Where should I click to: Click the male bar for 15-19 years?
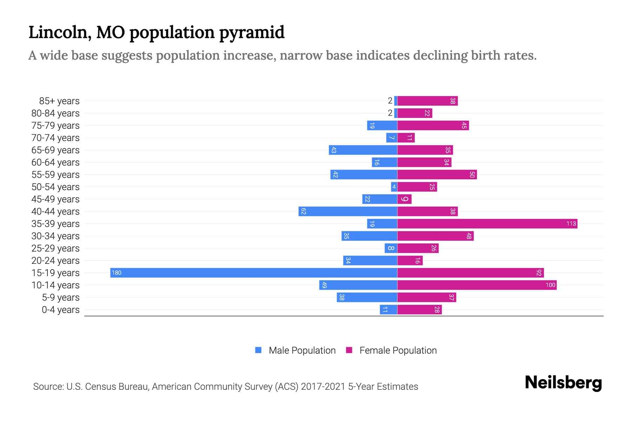coord(254,273)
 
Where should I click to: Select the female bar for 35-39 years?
coord(487,224)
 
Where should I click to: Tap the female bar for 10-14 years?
coord(477,285)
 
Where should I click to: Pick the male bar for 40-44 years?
coord(348,212)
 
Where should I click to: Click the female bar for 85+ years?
coord(427,101)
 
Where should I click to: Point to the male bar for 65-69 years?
coord(363,150)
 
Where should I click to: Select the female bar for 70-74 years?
coord(406,138)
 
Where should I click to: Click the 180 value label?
coord(117,273)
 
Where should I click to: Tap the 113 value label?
coord(571,224)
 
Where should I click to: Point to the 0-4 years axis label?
coord(60,310)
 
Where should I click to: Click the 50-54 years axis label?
coord(55,187)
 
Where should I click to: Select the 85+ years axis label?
coord(59,101)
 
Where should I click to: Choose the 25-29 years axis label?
coord(55,248)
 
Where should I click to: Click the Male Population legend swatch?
coord(258,350)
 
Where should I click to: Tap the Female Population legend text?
coord(398,350)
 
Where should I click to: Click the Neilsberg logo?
coord(563,383)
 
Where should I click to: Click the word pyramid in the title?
coord(252,33)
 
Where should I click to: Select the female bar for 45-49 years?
coord(404,199)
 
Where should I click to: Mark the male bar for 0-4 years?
coord(388,310)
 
